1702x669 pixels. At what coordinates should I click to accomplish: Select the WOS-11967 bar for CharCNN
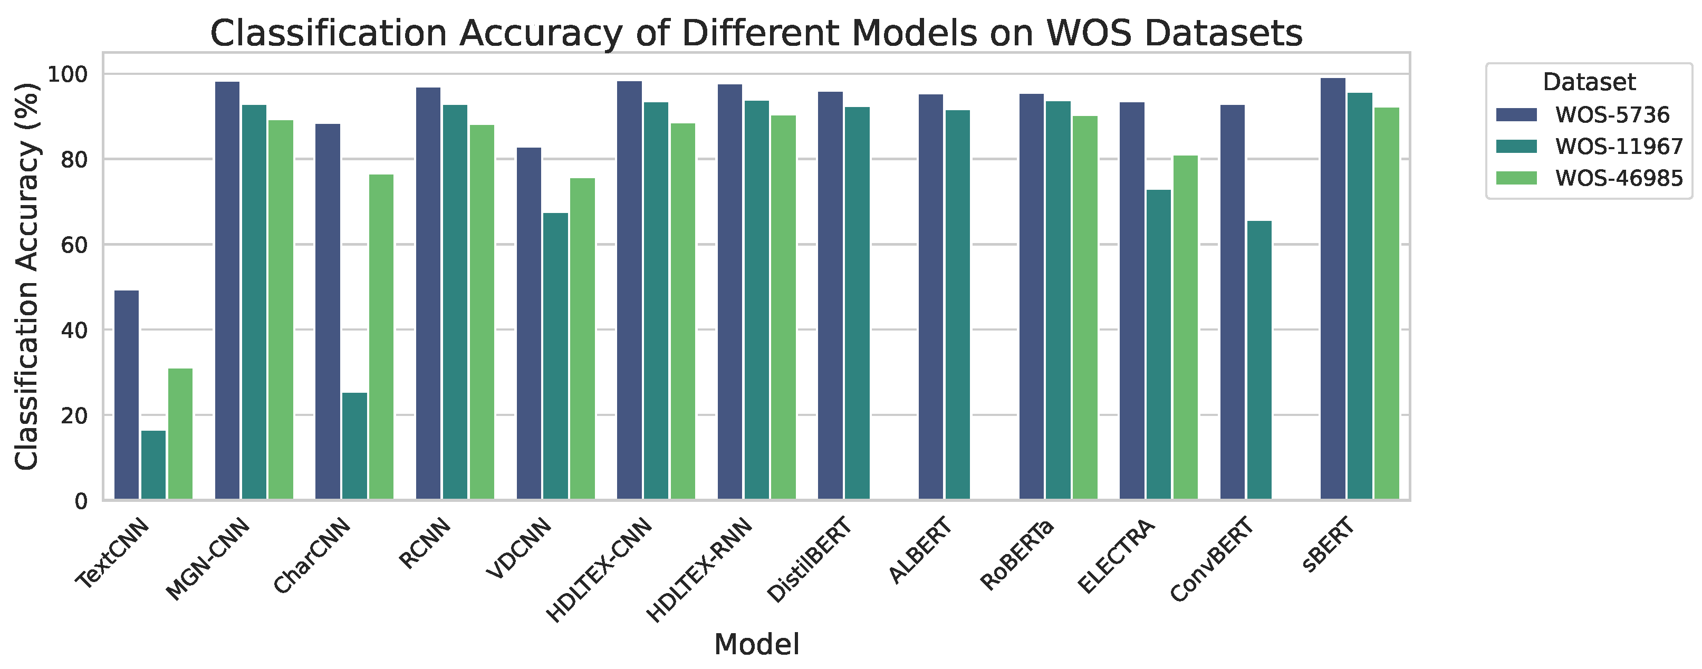coord(355,446)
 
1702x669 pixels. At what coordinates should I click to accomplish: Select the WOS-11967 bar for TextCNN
coord(153,465)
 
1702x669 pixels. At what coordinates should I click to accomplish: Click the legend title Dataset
coord(1589,82)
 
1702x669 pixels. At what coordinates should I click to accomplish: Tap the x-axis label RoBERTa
coord(1017,555)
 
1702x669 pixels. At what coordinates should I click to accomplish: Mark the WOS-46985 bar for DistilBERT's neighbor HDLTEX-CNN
coord(682,311)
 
